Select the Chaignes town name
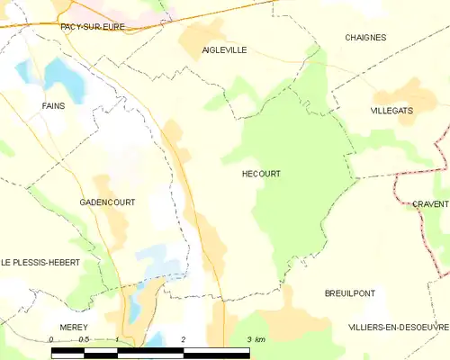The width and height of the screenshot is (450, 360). pos(365,38)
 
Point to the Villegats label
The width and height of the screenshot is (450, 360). pos(391,110)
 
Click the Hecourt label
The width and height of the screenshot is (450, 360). pos(261,174)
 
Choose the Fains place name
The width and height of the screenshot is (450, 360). pos(53,106)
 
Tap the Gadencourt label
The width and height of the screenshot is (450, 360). pos(106,202)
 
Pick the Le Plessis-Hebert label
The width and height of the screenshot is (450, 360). pos(40,262)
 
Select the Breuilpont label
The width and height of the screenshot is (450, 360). pos(350,293)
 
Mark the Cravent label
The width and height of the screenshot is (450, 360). pos(431,204)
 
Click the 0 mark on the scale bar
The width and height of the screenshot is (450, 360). pos(52,339)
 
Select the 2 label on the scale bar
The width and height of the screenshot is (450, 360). pos(184,339)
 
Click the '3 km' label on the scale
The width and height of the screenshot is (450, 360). pos(256,339)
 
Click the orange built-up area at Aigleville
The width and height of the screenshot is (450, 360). pos(200,39)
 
